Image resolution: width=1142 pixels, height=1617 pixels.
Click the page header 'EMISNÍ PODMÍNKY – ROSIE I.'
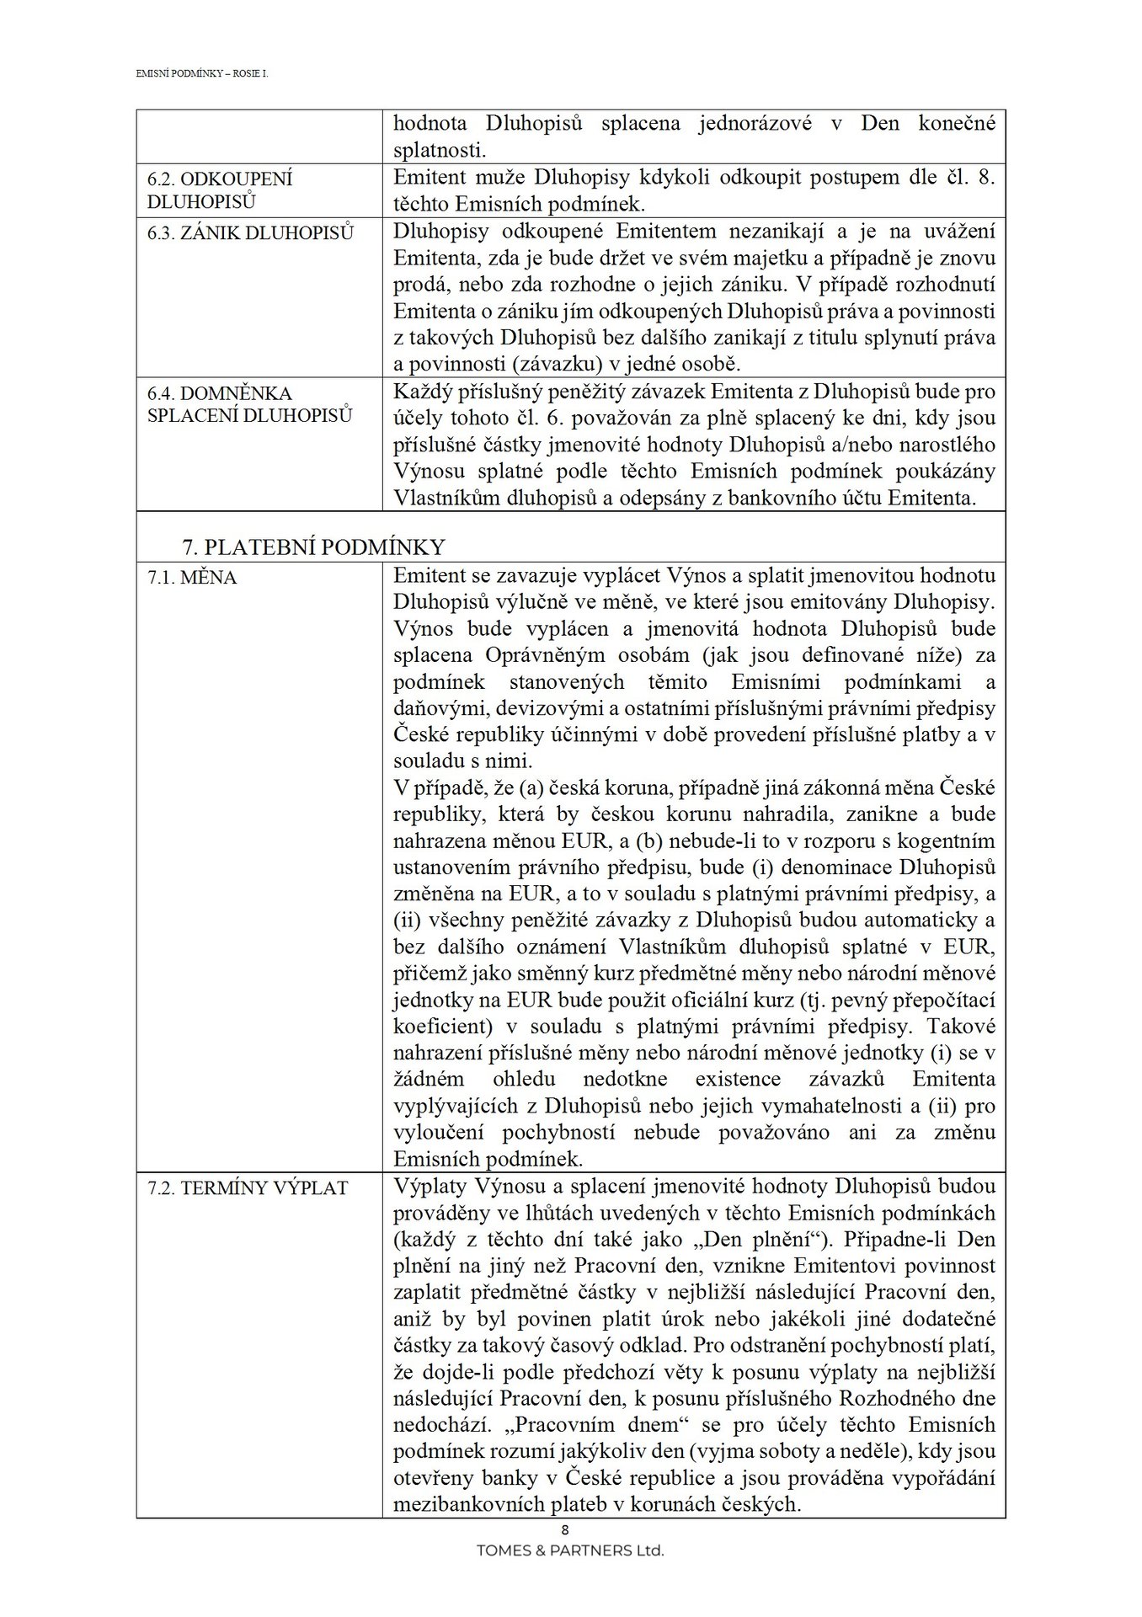pyautogui.click(x=201, y=74)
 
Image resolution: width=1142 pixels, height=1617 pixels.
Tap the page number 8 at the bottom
pyautogui.click(x=565, y=1530)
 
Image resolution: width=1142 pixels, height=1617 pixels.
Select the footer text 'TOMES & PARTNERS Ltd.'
pyautogui.click(x=570, y=1550)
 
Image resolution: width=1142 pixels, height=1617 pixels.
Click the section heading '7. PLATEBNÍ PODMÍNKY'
pyautogui.click(x=313, y=547)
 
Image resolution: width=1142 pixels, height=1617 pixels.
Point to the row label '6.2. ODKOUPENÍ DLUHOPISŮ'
pyautogui.click(x=219, y=190)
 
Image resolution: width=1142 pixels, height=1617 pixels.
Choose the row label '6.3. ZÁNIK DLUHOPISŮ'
pyautogui.click(x=250, y=233)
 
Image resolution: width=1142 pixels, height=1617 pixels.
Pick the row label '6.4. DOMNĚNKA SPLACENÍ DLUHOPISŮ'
pyautogui.click(x=249, y=404)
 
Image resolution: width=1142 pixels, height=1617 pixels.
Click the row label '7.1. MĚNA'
pyautogui.click(x=192, y=578)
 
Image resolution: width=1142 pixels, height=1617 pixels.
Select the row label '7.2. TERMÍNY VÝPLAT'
pyautogui.click(x=248, y=1188)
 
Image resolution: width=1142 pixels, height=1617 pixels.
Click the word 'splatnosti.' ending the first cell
pyautogui.click(x=440, y=151)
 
